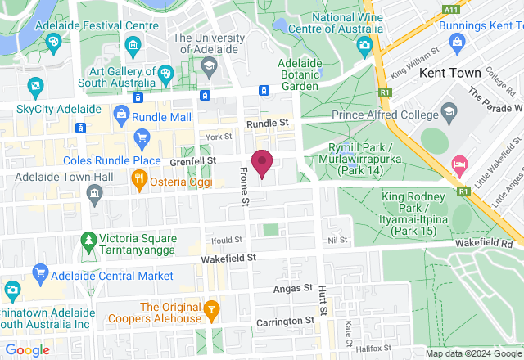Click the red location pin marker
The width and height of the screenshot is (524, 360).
262,163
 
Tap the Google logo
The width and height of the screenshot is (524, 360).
26,349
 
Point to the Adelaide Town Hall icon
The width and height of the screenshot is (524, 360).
96,194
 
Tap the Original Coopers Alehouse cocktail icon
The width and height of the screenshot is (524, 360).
211,309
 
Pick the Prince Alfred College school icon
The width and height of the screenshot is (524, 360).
449,110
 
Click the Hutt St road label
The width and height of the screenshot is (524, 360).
323,303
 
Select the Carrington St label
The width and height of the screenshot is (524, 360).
286,321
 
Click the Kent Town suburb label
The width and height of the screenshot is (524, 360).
449,73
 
